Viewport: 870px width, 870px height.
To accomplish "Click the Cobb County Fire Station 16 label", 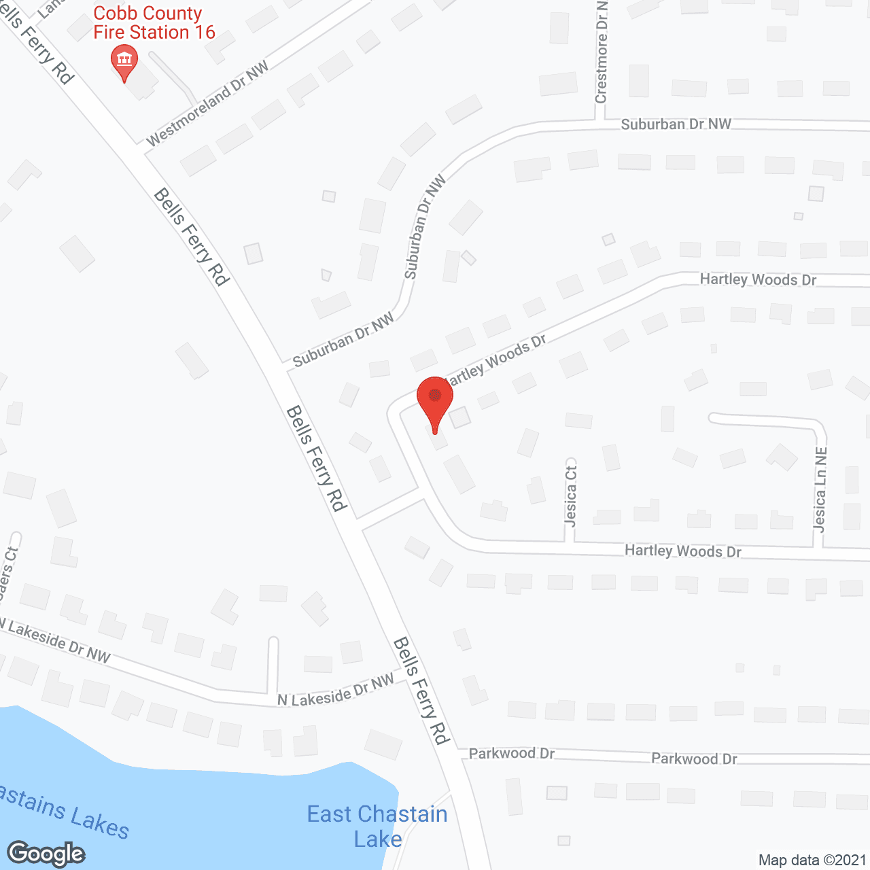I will (154, 23).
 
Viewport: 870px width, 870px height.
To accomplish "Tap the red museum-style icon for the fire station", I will (124, 60).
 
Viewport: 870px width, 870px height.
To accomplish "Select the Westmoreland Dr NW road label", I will (207, 104).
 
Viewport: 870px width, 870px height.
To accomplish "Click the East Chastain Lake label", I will (377, 826).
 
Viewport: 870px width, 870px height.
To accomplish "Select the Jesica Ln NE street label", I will (820, 489).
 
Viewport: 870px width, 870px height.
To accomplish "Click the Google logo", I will (46, 854).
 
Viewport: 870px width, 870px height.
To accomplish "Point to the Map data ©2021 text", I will (812, 860).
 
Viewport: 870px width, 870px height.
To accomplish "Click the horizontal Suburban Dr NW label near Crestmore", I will (676, 124).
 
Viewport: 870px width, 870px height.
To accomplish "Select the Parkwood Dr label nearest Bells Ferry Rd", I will (512, 753).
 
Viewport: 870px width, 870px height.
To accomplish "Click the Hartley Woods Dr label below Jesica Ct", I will (682, 551).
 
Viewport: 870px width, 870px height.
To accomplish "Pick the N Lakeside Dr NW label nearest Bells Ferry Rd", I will (336, 691).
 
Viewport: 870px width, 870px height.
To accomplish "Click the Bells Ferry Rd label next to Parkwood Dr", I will (422, 691).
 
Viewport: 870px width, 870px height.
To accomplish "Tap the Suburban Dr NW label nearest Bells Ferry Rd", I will (343, 340).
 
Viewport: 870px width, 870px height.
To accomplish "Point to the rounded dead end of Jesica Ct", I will (571, 463).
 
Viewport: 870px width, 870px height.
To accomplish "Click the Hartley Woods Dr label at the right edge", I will (758, 279).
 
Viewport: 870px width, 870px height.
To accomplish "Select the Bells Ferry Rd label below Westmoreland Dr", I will (192, 237).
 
